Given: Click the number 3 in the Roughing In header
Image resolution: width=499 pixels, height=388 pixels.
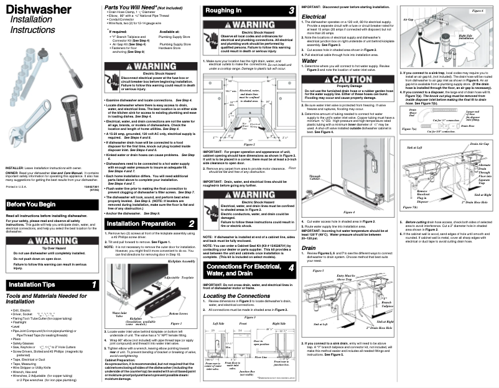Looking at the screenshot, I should (x=292, y=11).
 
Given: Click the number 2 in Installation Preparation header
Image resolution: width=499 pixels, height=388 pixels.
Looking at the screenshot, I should (x=192, y=223).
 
